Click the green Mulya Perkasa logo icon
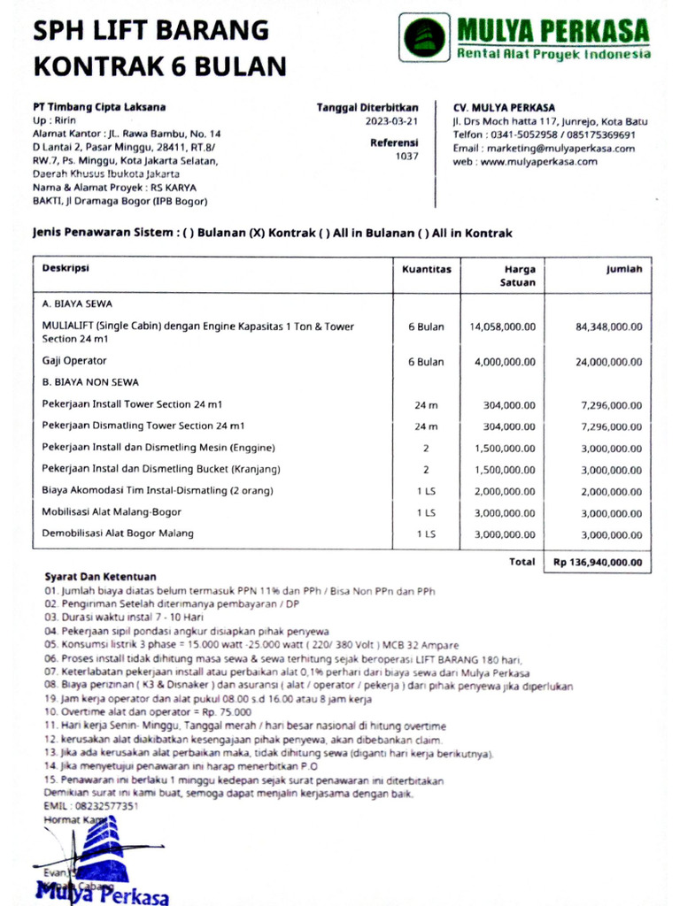[x=425, y=38]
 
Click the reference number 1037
[x=406, y=156]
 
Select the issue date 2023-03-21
[x=391, y=121]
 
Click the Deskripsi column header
[x=66, y=268]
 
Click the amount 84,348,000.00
[x=608, y=326]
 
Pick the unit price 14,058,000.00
[x=502, y=326]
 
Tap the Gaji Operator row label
[x=74, y=361]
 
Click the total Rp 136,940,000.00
[x=598, y=562]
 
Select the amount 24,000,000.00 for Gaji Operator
[x=608, y=362]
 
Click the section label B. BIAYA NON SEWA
[x=90, y=382]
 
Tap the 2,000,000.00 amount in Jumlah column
[x=611, y=491]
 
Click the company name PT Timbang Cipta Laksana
[x=99, y=107]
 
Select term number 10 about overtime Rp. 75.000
[x=147, y=711]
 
